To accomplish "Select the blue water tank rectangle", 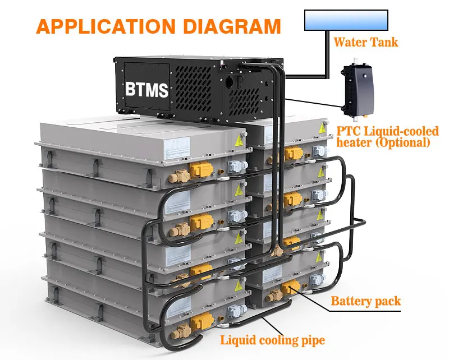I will [346, 20].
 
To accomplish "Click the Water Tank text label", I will [366, 42].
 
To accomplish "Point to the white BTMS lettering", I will [148, 89].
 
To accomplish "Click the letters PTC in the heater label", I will [348, 131].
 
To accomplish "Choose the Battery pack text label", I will [366, 301].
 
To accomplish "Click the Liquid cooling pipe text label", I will [272, 339].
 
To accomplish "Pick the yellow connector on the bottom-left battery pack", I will [200, 324].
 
